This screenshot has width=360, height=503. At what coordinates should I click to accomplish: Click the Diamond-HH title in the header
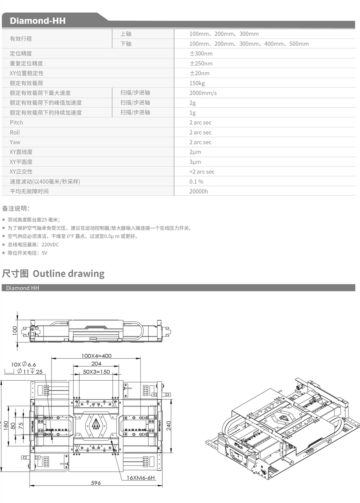(x=37, y=21)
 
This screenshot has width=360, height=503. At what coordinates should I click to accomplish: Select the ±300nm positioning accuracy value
(x=201, y=54)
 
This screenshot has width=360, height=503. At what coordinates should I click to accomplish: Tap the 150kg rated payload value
(x=197, y=83)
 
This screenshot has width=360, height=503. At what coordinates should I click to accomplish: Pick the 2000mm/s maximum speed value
(x=203, y=93)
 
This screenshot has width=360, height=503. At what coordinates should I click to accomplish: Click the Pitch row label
(x=16, y=122)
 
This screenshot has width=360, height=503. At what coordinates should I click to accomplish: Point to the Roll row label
(x=15, y=132)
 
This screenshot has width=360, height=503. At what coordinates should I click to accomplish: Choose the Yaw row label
(x=15, y=142)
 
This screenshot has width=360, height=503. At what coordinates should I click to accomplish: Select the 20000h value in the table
(x=199, y=191)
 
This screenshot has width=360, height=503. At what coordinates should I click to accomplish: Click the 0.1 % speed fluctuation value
(x=196, y=182)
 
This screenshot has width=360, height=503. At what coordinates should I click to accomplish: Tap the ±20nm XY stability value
(x=199, y=73)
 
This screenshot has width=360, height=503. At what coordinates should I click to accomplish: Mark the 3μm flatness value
(x=195, y=162)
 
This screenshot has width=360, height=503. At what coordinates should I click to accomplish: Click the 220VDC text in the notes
(x=50, y=245)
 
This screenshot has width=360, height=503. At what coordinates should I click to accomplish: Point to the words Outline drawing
(x=68, y=274)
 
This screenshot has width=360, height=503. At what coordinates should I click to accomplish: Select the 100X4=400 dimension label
(x=96, y=356)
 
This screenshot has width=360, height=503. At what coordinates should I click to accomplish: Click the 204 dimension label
(x=96, y=364)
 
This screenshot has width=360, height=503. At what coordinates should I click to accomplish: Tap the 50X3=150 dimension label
(x=96, y=372)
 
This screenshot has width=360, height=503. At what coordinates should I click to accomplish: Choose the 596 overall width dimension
(x=96, y=483)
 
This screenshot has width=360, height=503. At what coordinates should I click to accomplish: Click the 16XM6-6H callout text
(x=140, y=478)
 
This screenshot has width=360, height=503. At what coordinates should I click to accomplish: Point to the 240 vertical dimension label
(x=168, y=426)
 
